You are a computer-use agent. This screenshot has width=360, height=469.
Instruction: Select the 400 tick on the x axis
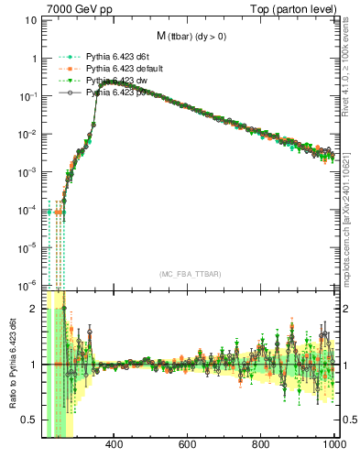point(115,446)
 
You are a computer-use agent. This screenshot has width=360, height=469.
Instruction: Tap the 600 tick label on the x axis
point(188,446)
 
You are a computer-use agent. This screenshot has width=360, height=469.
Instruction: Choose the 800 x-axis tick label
point(261,446)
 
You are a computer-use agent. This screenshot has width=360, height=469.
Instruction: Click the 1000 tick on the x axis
point(333,446)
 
